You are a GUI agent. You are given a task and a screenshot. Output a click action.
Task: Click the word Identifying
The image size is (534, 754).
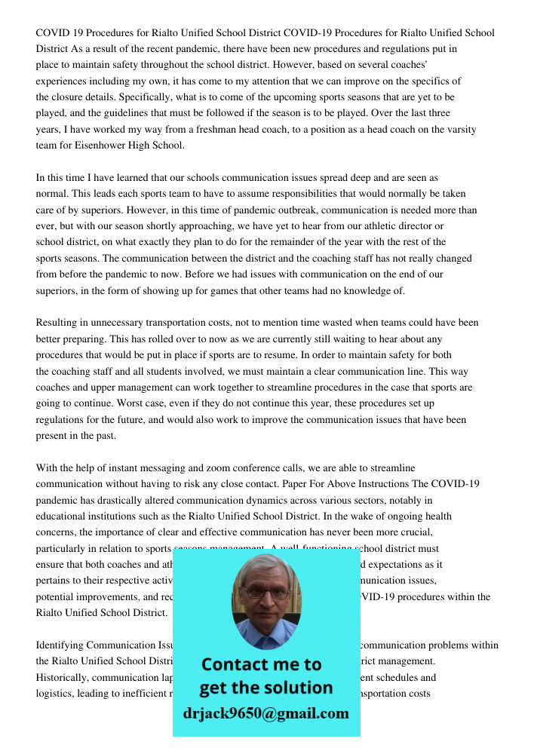tap(60, 645)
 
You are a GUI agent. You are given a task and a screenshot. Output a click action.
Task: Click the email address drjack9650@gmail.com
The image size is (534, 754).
tap(265, 713)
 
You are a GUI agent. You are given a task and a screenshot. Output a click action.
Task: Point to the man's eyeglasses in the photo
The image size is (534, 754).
tap(266, 593)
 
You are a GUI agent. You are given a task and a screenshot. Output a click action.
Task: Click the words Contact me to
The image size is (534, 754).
tap(261, 664)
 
